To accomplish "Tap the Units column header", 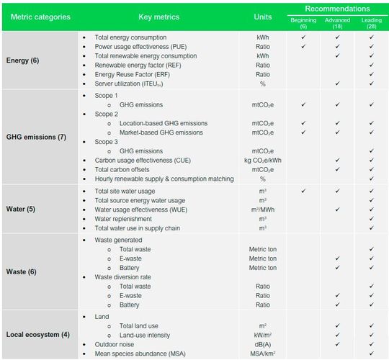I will click(263, 16).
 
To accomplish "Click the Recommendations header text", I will click(337, 8).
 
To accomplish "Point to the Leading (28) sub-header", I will click(371, 23).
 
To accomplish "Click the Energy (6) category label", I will click(24, 60).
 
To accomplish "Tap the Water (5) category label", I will click(22, 210).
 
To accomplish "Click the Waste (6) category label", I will click(22, 272).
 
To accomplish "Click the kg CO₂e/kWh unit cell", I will click(263, 161).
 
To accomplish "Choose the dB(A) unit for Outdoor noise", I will click(263, 344).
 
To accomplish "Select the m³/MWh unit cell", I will click(263, 210).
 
